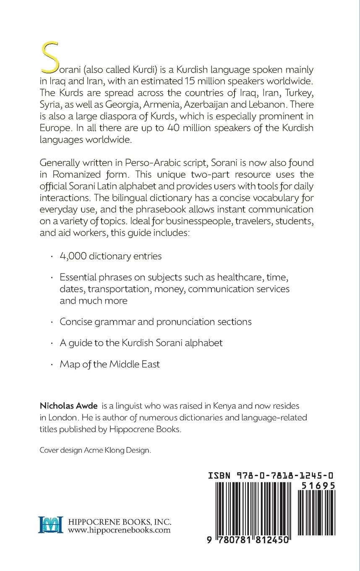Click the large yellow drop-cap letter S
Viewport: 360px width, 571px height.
point(49,59)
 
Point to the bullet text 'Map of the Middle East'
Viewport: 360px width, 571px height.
point(110,364)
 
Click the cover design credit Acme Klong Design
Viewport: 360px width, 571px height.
point(117,450)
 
